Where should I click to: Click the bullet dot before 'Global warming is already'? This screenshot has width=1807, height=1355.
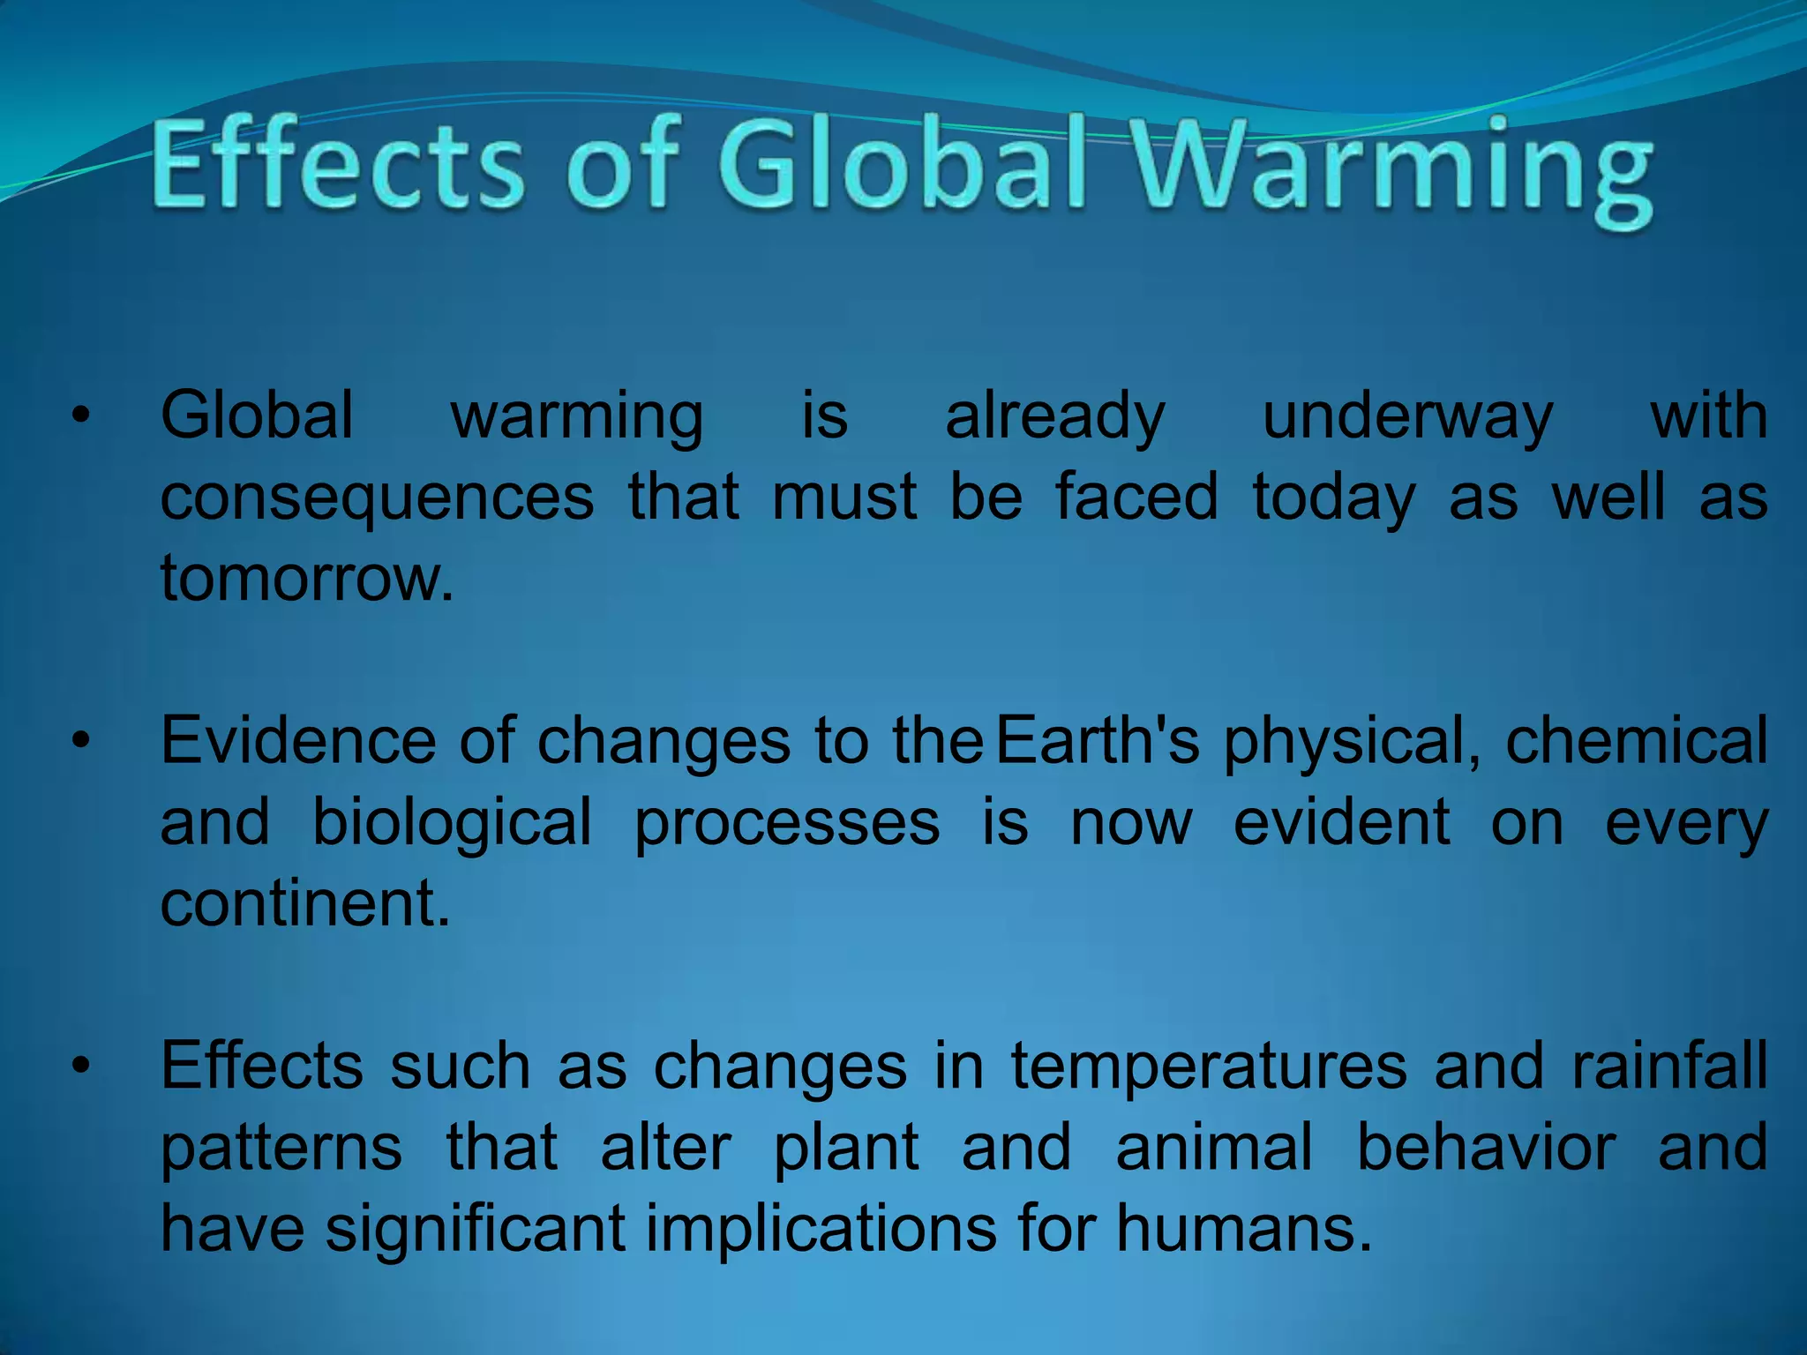81,415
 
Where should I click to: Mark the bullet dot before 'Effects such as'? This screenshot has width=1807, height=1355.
81,1067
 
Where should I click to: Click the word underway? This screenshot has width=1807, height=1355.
1407,416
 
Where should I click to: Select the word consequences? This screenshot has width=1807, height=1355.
378,498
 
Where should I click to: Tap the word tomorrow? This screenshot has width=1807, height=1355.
306,579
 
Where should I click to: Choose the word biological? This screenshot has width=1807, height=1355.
452,822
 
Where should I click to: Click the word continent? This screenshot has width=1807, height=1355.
305,903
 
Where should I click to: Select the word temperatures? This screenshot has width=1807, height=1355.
1209,1067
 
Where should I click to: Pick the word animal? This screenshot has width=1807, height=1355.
1214,1148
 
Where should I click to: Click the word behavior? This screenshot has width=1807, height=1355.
1487,1148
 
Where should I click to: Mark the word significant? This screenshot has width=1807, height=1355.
476,1229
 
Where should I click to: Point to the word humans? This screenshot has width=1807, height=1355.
1244,1229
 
